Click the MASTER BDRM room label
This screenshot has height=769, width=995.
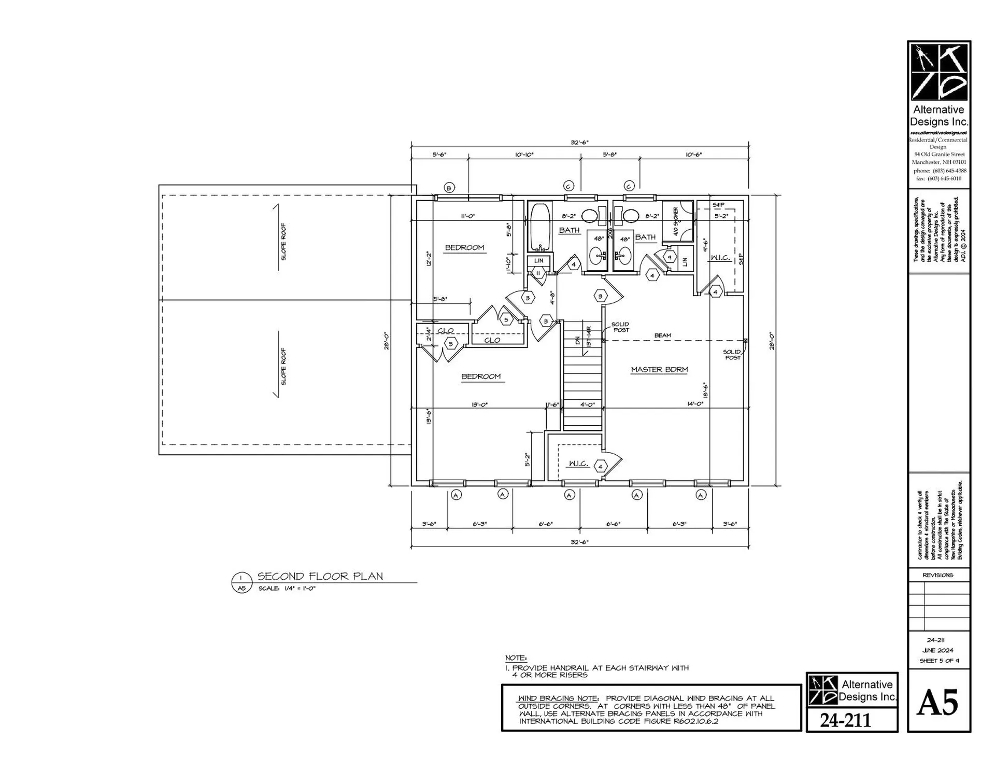659,370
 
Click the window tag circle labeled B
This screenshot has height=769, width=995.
449,188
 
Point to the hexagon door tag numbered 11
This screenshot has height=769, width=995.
538,273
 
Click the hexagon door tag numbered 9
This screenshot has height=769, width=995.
670,257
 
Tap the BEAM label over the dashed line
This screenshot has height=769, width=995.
662,335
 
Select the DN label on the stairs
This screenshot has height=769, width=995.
578,341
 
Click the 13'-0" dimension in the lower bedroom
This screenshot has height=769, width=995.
479,404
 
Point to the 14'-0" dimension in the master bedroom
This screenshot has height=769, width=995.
695,404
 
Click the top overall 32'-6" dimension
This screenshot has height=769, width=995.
579,143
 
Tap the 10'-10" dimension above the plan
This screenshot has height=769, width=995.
524,155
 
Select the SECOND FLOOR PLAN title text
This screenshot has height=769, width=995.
320,576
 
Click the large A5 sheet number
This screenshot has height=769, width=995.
937,704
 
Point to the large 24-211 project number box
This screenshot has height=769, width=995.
845,720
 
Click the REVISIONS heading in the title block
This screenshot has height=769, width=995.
937,575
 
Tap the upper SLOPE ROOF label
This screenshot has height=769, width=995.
283,242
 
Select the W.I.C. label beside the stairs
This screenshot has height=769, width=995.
578,464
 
